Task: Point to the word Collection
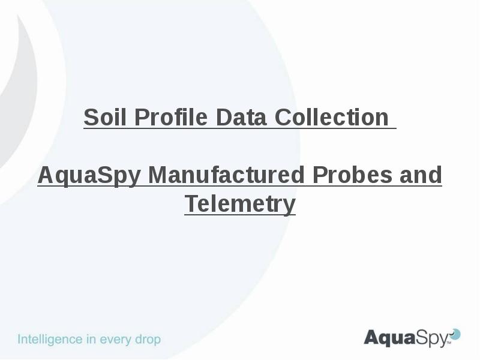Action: pyautogui.click(x=331, y=118)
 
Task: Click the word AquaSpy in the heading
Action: pyautogui.click(x=89, y=176)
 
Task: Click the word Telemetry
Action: pyautogui.click(x=240, y=204)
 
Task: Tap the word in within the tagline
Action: pyautogui.click(x=92, y=340)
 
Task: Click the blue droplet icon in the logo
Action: pyautogui.click(x=455, y=334)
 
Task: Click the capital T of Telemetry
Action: pyautogui.click(x=190, y=204)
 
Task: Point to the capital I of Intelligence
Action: pyautogui.click(x=20, y=340)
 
